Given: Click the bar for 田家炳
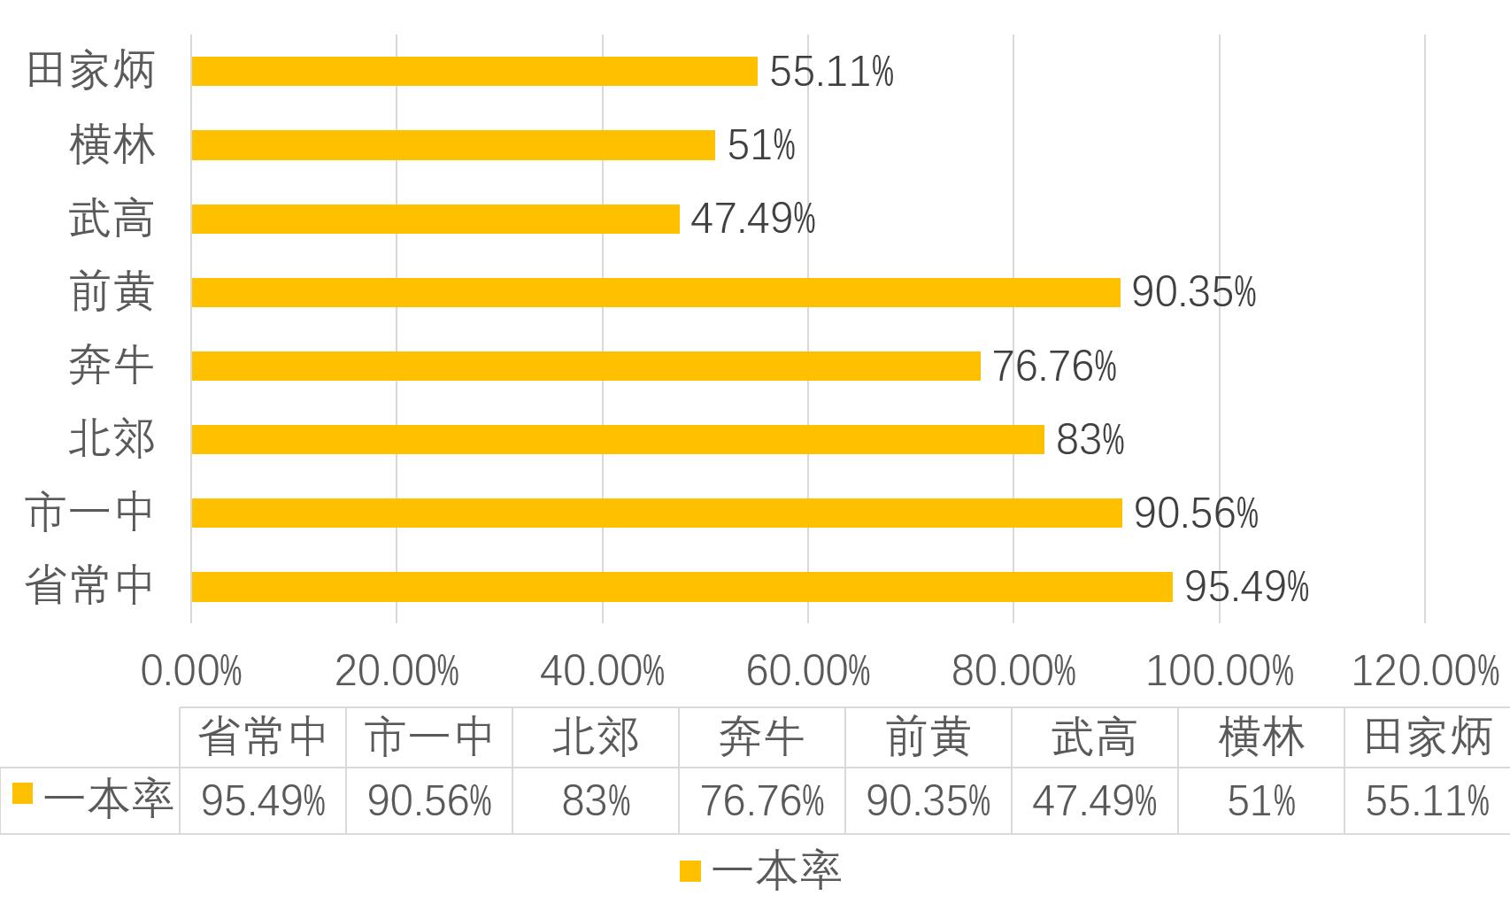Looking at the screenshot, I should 474,71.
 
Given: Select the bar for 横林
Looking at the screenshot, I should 453,145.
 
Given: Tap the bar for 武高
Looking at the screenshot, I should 435,219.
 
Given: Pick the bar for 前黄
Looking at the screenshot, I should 656,292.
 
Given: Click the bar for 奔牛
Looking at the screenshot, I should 586,366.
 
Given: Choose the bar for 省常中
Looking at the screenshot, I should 682,587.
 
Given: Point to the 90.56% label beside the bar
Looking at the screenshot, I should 1196,513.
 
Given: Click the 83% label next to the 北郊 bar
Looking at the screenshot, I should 1090,440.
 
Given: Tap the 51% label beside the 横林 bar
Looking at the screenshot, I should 761,145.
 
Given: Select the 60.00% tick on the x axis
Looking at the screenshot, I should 808,672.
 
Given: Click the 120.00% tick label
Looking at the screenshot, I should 1425,672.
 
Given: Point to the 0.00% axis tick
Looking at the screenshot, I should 191,672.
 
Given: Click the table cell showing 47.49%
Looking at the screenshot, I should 1094,801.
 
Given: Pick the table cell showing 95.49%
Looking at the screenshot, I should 263,801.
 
